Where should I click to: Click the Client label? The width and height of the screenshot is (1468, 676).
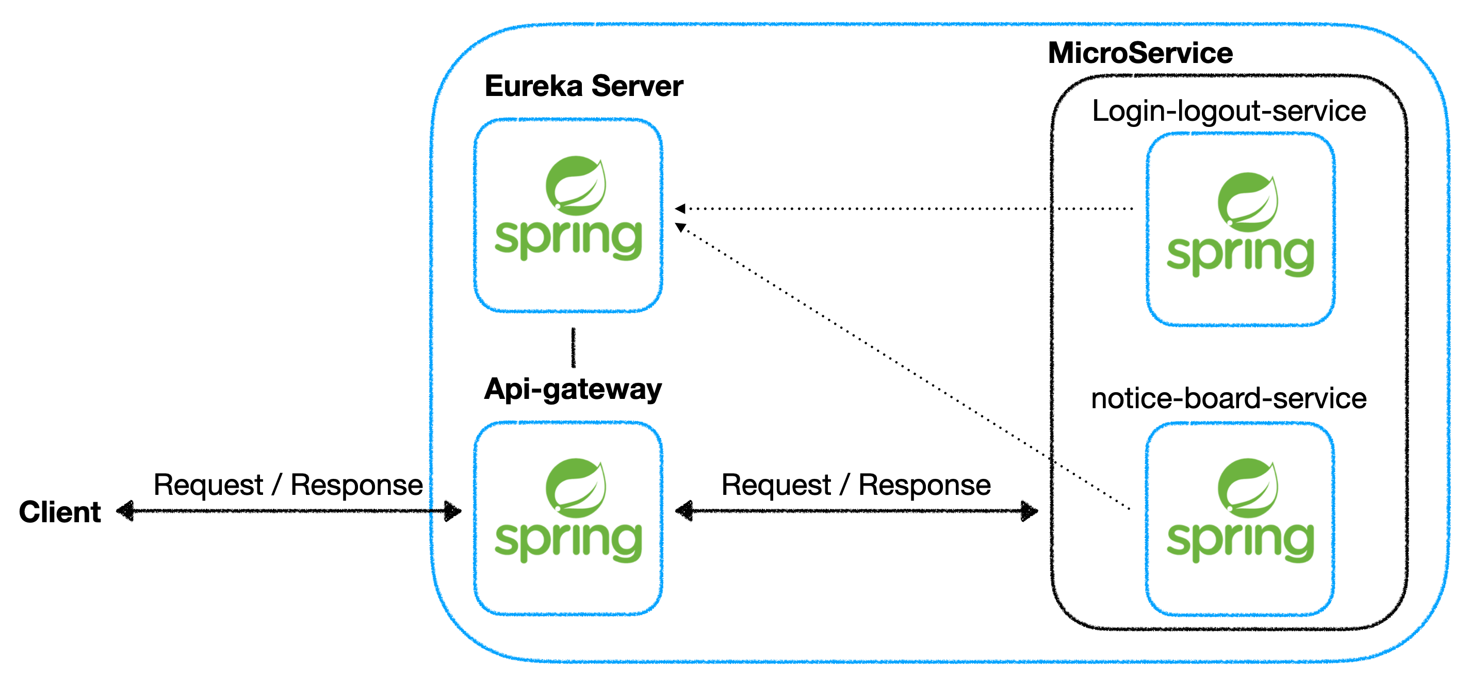click(60, 512)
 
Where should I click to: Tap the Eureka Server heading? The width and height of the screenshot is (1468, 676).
click(583, 86)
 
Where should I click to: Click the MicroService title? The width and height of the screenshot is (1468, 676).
click(1140, 53)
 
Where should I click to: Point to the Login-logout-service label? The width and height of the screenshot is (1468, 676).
click(1229, 111)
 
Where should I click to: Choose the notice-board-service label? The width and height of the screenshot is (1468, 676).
click(1229, 398)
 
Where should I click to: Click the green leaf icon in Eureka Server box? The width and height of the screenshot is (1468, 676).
click(576, 185)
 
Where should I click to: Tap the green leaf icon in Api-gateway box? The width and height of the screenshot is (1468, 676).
click(576, 488)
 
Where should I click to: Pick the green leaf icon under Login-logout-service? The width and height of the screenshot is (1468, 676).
click(1248, 202)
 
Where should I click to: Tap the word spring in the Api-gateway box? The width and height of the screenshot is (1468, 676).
click(568, 541)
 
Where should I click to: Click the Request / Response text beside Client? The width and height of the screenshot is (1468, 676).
click(288, 485)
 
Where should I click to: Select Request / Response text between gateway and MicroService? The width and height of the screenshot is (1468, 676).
click(856, 485)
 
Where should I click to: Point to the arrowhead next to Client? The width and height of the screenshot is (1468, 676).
click(126, 511)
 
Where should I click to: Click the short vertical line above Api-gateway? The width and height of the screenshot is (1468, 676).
click(573, 348)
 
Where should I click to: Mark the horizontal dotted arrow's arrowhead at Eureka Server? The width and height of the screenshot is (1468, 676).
click(680, 208)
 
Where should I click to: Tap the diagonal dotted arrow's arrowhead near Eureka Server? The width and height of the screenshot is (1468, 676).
click(680, 228)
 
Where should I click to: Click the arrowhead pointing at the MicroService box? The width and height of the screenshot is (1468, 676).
click(1029, 511)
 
